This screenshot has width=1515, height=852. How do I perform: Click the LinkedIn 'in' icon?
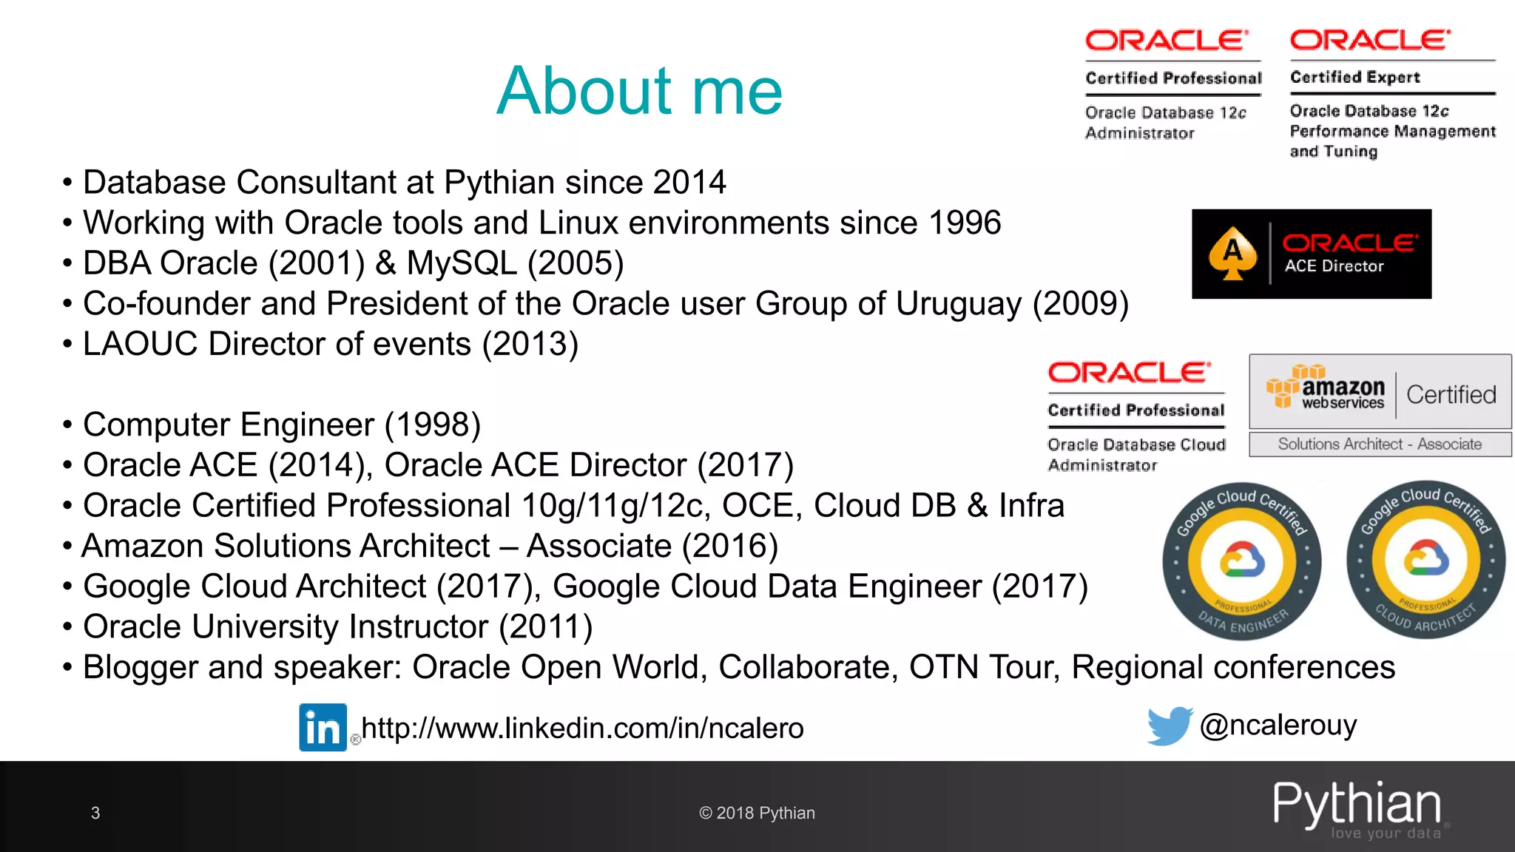(x=323, y=727)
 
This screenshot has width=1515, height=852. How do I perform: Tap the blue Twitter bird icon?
(x=1169, y=726)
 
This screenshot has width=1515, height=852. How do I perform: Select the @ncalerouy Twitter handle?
(x=1278, y=725)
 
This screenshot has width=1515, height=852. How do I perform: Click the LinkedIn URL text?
(x=582, y=728)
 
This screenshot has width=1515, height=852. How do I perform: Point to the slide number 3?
(x=95, y=813)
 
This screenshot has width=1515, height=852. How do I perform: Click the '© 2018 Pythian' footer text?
(x=756, y=813)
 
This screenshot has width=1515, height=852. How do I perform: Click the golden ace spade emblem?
(x=1232, y=254)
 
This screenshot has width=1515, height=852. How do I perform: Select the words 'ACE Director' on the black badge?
(x=1334, y=266)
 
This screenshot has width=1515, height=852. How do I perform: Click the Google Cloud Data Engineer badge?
(x=1242, y=561)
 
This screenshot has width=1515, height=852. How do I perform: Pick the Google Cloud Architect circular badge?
(x=1425, y=560)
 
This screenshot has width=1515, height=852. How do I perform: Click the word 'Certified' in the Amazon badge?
(x=1451, y=394)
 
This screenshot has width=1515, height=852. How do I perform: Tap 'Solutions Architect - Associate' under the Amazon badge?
(x=1380, y=444)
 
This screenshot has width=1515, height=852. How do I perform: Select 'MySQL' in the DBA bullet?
(x=462, y=263)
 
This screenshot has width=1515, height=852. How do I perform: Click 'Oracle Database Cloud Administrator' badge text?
(x=1136, y=454)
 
